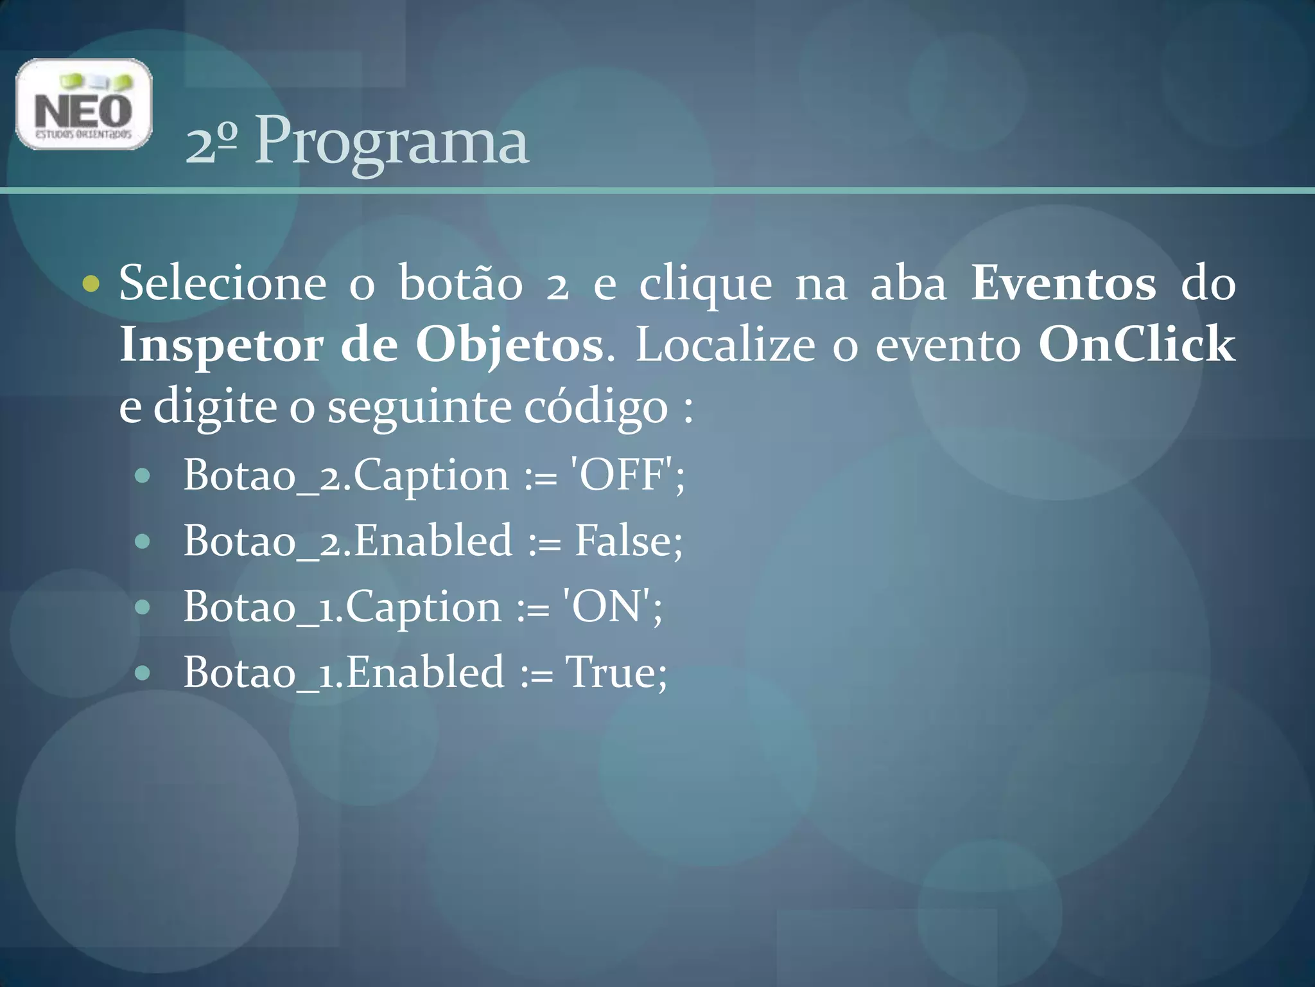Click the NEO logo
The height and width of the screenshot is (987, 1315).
click(83, 104)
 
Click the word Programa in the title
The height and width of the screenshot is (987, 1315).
click(392, 141)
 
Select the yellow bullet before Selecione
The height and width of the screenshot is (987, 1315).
click(91, 283)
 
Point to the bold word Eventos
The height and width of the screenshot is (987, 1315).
click(1063, 283)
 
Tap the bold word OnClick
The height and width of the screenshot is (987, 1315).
click(1136, 344)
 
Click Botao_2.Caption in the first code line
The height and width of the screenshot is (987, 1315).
click(346, 476)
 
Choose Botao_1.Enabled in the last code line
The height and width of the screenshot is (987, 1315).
click(344, 672)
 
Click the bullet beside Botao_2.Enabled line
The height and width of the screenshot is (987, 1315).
click(143, 541)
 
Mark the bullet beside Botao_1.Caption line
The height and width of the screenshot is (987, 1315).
click(143, 607)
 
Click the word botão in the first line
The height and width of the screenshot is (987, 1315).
click(460, 283)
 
